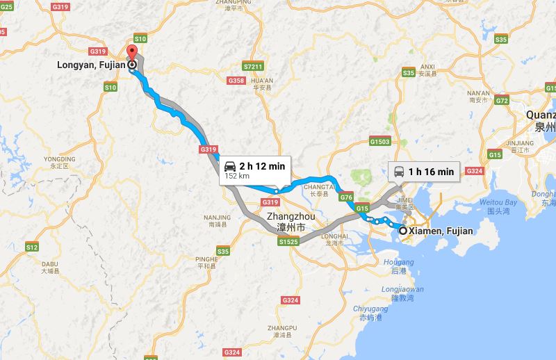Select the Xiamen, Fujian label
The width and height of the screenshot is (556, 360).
(x=441, y=231)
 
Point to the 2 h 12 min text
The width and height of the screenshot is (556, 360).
(x=263, y=166)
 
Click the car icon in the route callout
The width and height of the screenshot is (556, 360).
(x=229, y=167)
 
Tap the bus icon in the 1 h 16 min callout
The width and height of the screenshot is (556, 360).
(x=400, y=171)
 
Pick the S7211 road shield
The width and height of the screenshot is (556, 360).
(x=253, y=67)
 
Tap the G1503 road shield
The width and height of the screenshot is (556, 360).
(x=380, y=142)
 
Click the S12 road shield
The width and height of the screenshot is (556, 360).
(x=32, y=247)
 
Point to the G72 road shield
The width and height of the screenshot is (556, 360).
(x=502, y=100)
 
